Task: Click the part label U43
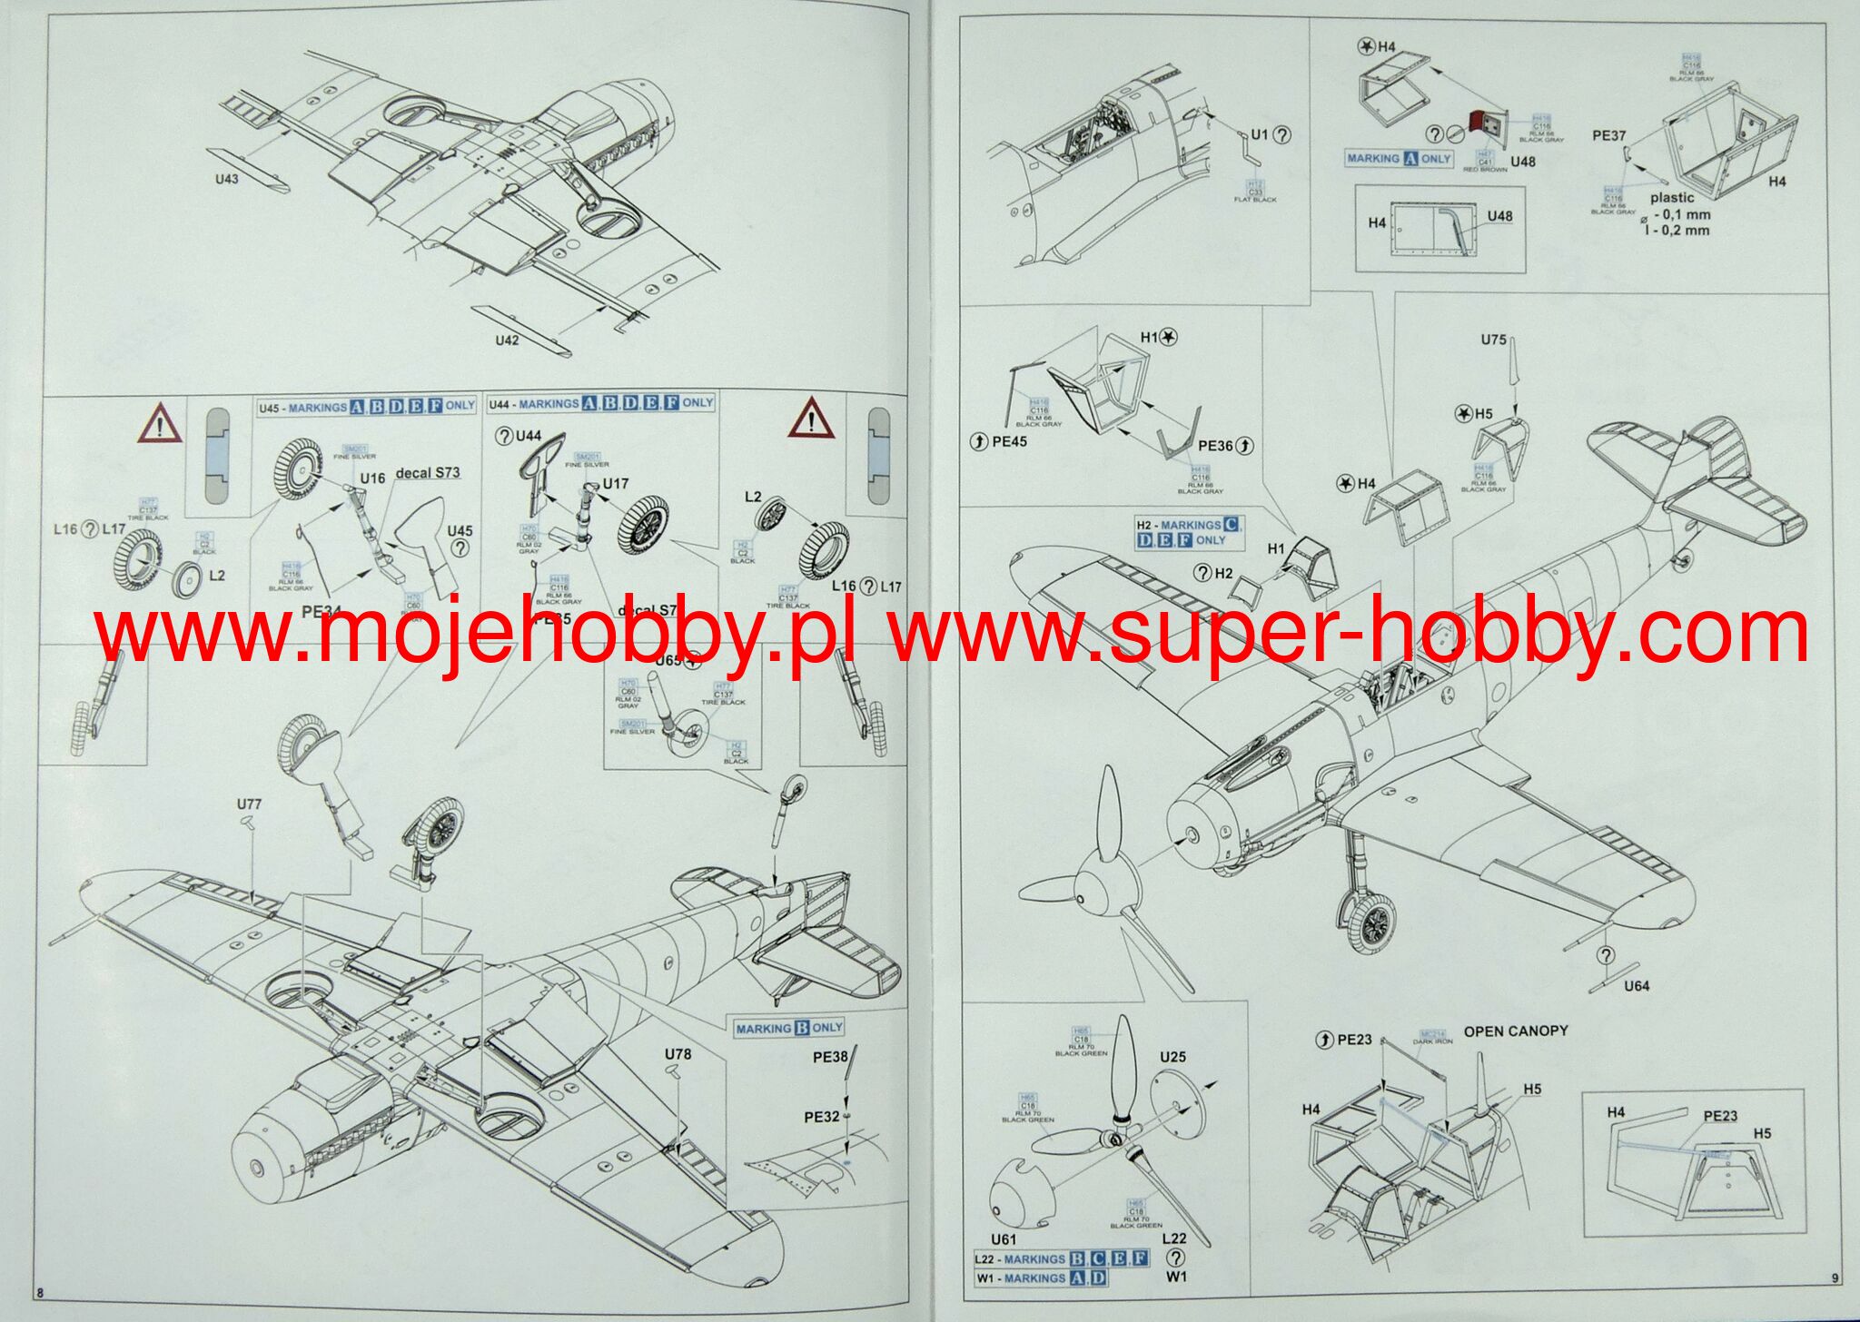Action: coord(227,179)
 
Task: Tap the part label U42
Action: coord(507,340)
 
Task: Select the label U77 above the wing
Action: coord(249,804)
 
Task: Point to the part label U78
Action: coord(678,1054)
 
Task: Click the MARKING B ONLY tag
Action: coord(789,1028)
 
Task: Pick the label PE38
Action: coord(830,1057)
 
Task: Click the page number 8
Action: coord(39,1292)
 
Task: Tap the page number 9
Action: coord(1835,1278)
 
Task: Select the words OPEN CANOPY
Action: coord(1516,1031)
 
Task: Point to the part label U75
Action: coord(1493,340)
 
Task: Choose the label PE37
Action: coord(1608,135)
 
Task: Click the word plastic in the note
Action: coord(1672,197)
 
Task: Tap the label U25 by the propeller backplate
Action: coord(1172,1057)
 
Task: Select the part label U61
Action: coord(1004,1239)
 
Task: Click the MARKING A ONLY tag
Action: coord(1399,158)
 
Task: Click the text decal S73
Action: coord(428,472)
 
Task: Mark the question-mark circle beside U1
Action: coord(1281,134)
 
